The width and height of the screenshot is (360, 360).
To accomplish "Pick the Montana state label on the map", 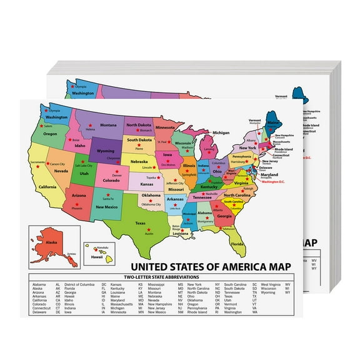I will pyautogui.click(x=109, y=125).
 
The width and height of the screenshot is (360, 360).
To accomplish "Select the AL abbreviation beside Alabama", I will pyautogui.click(x=58, y=284).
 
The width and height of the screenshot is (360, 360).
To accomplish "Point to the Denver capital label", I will pyautogui.click(x=117, y=176).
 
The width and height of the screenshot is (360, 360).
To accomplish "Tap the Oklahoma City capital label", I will pyautogui.click(x=150, y=204).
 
